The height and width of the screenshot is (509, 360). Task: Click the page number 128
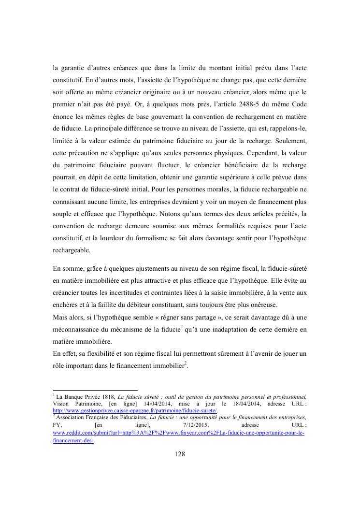pos(180,454)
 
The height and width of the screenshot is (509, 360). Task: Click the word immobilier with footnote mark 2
pos(167,365)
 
